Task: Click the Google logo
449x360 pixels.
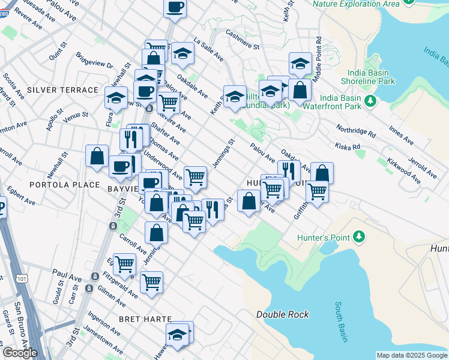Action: click(20, 353)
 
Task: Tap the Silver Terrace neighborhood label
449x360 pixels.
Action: click(62, 90)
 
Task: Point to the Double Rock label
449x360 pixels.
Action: click(282, 314)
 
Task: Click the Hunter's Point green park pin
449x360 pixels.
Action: click(360, 237)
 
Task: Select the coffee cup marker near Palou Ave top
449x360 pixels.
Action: click(175, 8)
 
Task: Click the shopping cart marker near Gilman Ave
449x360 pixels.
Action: click(151, 281)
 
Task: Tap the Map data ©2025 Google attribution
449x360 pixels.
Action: click(412, 355)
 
